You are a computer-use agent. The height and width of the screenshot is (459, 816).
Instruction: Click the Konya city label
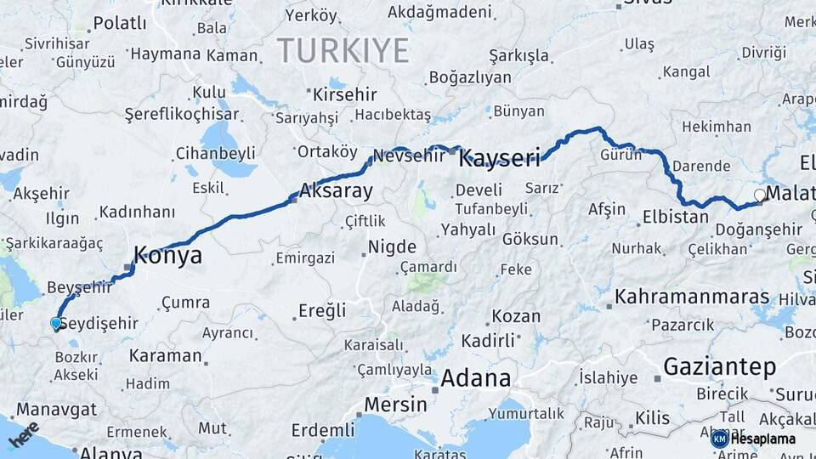[x=168, y=255]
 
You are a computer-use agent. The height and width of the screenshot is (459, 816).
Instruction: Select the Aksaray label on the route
[x=336, y=190]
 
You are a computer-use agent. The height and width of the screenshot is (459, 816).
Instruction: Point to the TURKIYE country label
[x=343, y=51]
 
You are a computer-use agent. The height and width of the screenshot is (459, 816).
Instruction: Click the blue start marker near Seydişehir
[x=56, y=323]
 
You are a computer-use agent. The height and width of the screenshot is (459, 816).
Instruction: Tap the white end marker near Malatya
[x=759, y=195]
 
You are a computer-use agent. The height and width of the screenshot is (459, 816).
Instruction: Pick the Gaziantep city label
[x=719, y=367]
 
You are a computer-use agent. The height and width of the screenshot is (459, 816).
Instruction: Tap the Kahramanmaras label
[x=692, y=297]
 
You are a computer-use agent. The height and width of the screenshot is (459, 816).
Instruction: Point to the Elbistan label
[x=676, y=217]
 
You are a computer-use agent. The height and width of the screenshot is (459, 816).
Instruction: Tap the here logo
[x=24, y=435]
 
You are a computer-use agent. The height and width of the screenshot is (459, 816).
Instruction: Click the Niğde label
[x=392, y=248]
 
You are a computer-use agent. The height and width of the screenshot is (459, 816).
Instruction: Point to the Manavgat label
[x=56, y=409]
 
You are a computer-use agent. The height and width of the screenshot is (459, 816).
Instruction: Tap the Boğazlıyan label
[x=471, y=77]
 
